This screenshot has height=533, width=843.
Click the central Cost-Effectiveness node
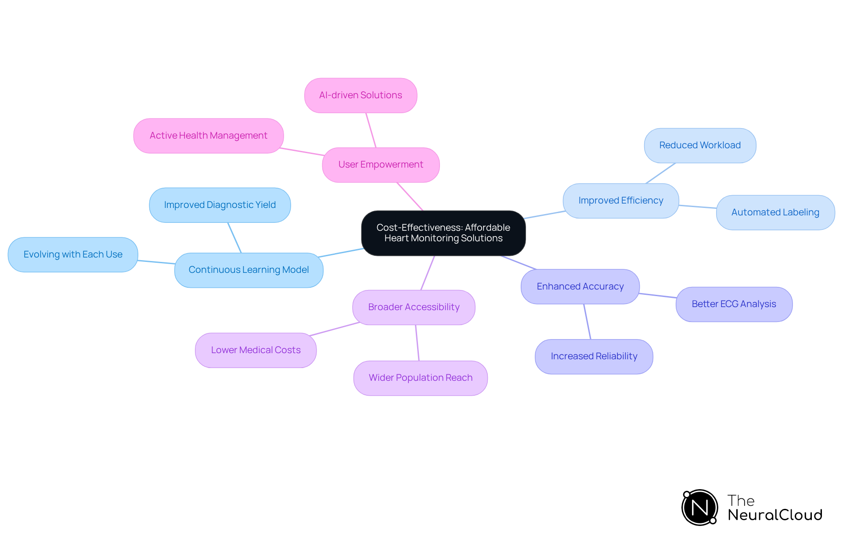click(x=443, y=233)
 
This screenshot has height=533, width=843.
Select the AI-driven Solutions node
click(x=360, y=95)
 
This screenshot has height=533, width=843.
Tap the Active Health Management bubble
click(x=208, y=136)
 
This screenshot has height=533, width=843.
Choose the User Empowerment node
click(x=381, y=165)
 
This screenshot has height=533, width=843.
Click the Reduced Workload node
click(x=700, y=145)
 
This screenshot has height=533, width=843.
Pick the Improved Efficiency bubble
click(x=620, y=200)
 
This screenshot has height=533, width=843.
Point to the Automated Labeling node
click(x=775, y=212)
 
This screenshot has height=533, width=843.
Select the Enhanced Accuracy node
click(x=580, y=286)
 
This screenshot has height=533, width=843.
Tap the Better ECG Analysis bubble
click(x=734, y=304)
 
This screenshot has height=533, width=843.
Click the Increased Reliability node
click(x=594, y=356)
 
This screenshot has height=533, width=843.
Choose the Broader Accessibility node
click(x=414, y=307)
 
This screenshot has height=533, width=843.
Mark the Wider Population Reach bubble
click(x=420, y=378)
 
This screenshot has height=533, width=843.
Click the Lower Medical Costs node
click(x=256, y=350)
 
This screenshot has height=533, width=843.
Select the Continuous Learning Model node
click(x=249, y=270)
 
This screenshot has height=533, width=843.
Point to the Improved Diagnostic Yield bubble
click(x=220, y=205)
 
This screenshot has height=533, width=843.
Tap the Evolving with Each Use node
click(x=73, y=254)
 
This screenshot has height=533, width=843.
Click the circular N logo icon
click(x=699, y=508)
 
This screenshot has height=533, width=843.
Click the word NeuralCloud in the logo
click(x=775, y=515)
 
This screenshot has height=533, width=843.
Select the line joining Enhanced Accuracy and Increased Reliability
click(x=587, y=322)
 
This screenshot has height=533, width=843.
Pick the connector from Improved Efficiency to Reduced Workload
click(x=660, y=173)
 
